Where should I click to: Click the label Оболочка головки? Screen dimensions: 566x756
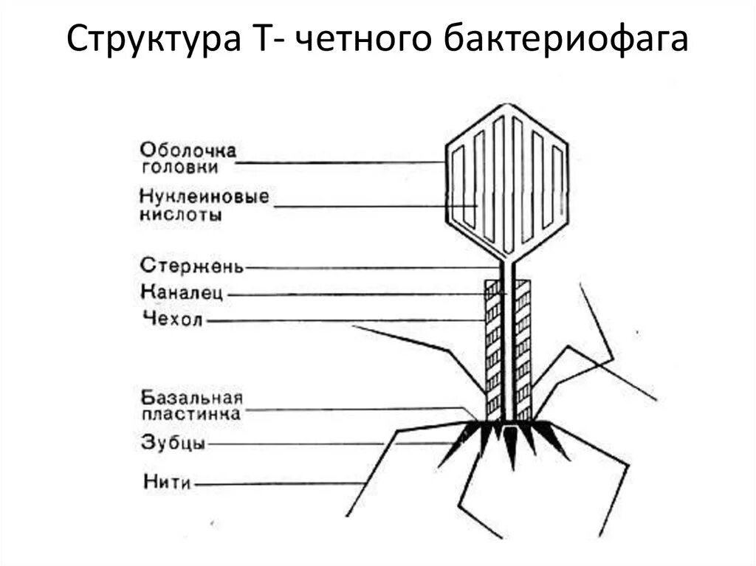[x=189, y=159]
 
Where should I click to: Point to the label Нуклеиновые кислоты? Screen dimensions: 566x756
[x=204, y=206]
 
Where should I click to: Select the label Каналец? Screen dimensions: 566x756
[x=182, y=292]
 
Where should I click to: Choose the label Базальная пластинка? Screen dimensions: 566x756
[x=191, y=406]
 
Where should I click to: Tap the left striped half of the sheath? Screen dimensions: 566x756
[x=492, y=347]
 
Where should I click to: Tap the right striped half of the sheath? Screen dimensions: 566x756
[x=523, y=347]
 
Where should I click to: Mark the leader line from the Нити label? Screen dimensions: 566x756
[x=281, y=483]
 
